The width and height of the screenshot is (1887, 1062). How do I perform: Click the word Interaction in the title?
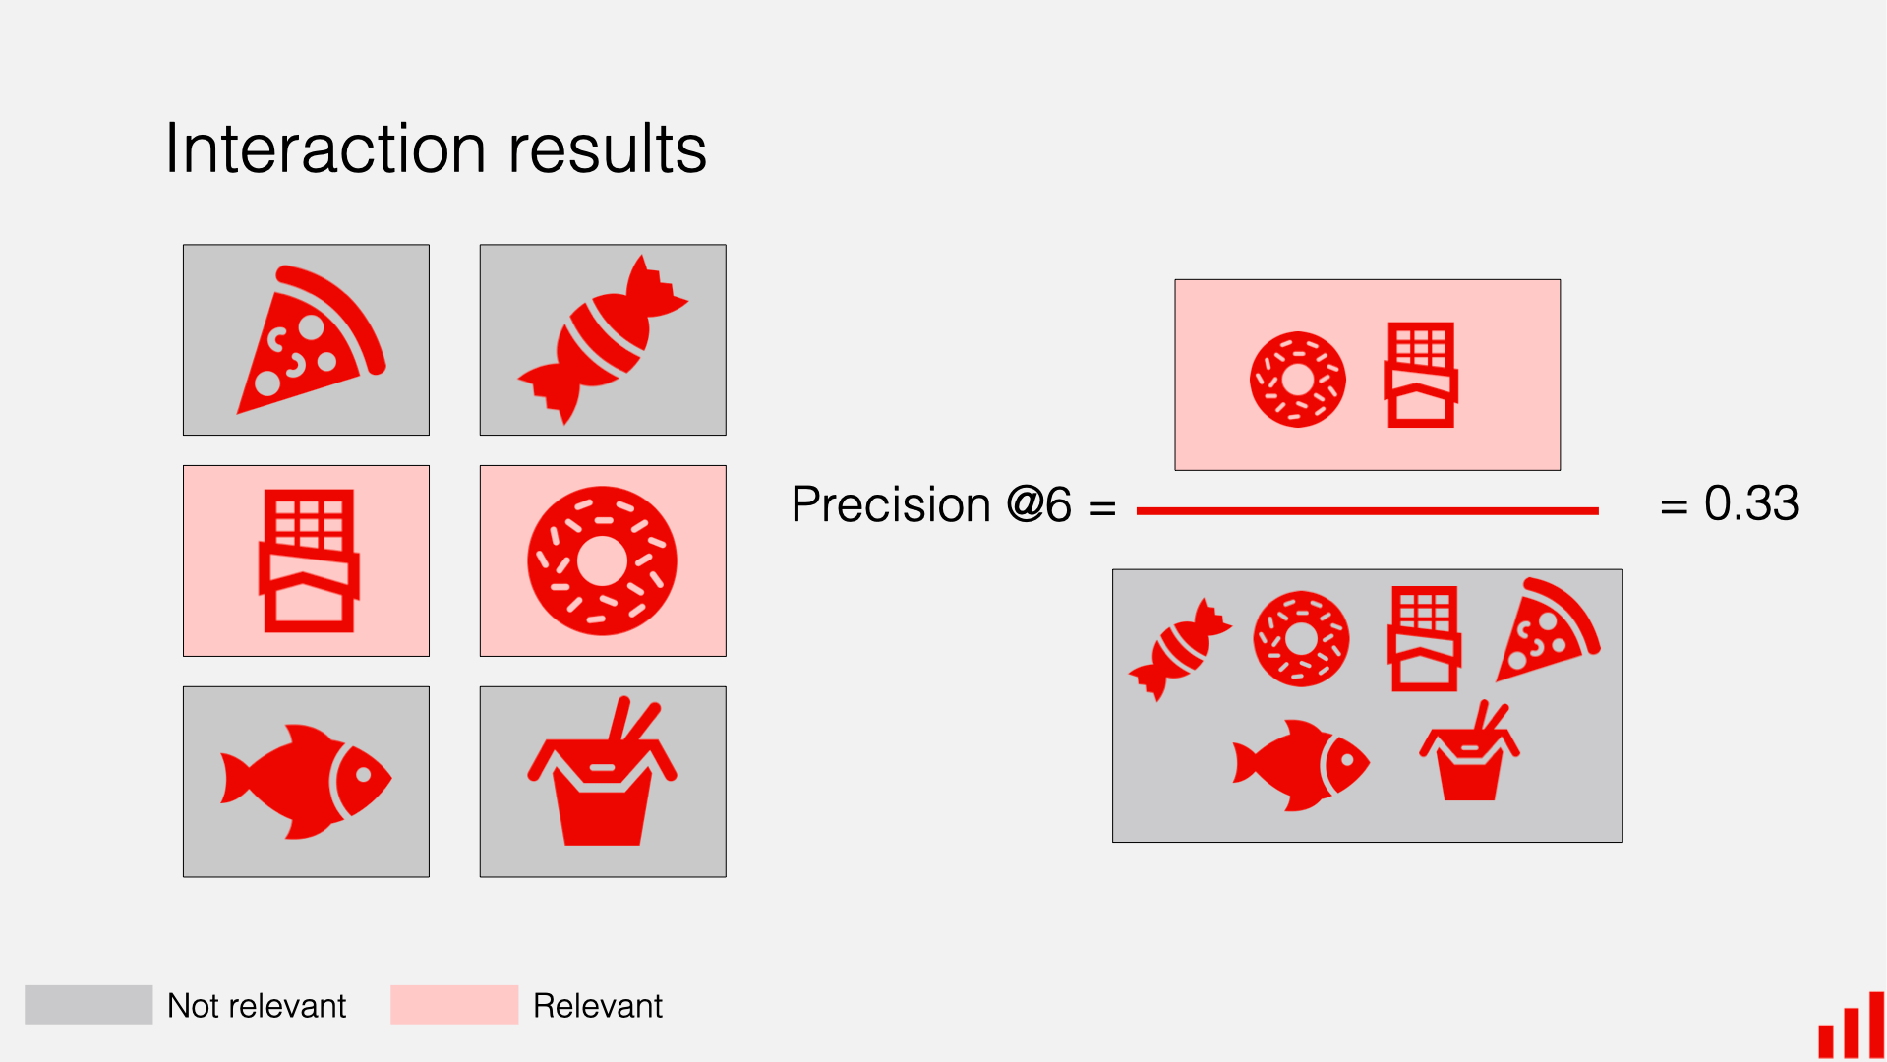[324, 149]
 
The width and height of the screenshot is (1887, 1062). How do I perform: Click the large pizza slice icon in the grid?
[310, 342]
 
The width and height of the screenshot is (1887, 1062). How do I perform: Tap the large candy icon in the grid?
[602, 340]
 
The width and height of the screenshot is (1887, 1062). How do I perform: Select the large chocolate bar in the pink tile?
[308, 560]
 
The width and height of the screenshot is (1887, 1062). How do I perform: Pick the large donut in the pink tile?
[602, 560]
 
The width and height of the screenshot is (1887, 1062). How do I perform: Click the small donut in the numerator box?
[1297, 379]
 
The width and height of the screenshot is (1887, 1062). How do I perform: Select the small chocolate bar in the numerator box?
[1420, 376]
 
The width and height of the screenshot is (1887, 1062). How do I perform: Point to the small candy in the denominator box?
[1179, 650]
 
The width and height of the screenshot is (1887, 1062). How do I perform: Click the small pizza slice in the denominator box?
[1546, 631]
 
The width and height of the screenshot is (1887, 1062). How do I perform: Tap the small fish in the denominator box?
[1300, 765]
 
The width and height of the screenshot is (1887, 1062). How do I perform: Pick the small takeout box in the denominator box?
[1469, 755]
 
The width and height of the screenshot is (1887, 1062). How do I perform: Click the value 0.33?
[1750, 503]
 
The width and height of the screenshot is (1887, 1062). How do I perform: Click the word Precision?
[890, 505]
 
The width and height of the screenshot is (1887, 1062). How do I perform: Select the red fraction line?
[1367, 511]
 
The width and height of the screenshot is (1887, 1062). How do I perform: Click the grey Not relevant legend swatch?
[88, 1005]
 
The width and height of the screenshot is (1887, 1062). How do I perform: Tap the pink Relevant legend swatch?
[453, 1005]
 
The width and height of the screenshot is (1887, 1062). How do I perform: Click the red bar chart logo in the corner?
[1851, 1028]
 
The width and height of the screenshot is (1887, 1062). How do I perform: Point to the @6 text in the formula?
[1038, 505]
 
